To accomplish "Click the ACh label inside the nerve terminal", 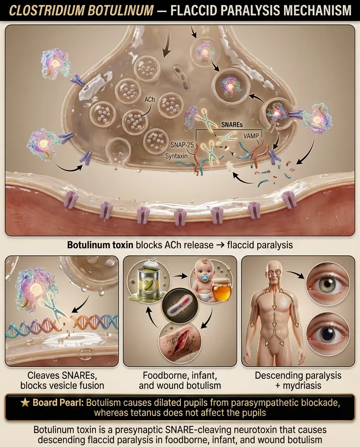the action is (150, 99).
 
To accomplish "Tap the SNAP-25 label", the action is (182, 145).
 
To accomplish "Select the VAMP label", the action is (251, 136).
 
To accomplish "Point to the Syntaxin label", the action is (177, 156).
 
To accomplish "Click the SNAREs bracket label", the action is (232, 125).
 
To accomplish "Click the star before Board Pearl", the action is (25, 403).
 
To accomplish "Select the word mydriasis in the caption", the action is (302, 386).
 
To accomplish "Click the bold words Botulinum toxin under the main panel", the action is (100, 245).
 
